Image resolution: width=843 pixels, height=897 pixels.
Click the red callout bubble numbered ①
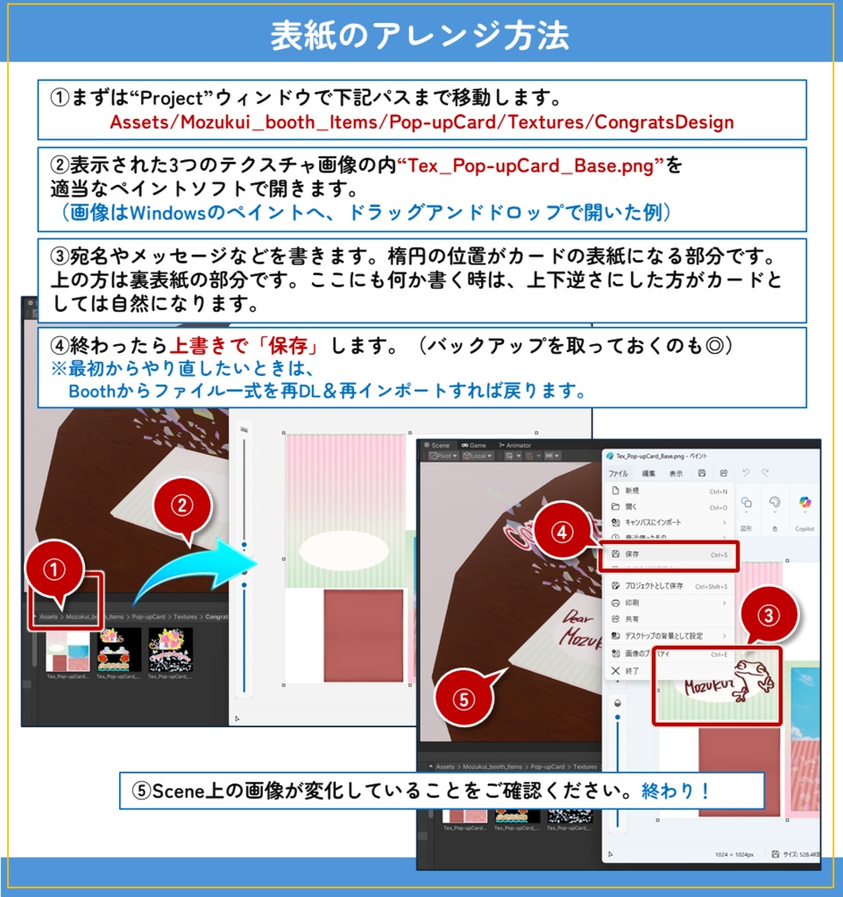[56, 570]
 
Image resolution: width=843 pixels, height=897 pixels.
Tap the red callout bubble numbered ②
[181, 505]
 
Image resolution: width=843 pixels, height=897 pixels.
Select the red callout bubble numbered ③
[768, 616]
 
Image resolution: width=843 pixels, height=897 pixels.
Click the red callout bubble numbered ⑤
[465, 697]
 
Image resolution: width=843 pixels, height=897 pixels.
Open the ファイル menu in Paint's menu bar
[619, 473]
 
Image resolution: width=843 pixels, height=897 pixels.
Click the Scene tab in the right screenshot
[440, 445]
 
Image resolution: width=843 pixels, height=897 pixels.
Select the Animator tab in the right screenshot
[518, 445]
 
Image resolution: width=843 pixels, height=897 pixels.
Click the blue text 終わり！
[676, 791]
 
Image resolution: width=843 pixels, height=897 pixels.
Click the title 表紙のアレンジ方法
[421, 35]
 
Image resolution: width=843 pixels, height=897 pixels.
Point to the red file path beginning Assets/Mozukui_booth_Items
[421, 122]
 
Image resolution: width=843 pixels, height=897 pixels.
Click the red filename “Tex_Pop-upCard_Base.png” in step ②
[540, 165]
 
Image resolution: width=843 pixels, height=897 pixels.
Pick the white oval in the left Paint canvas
[343, 549]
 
